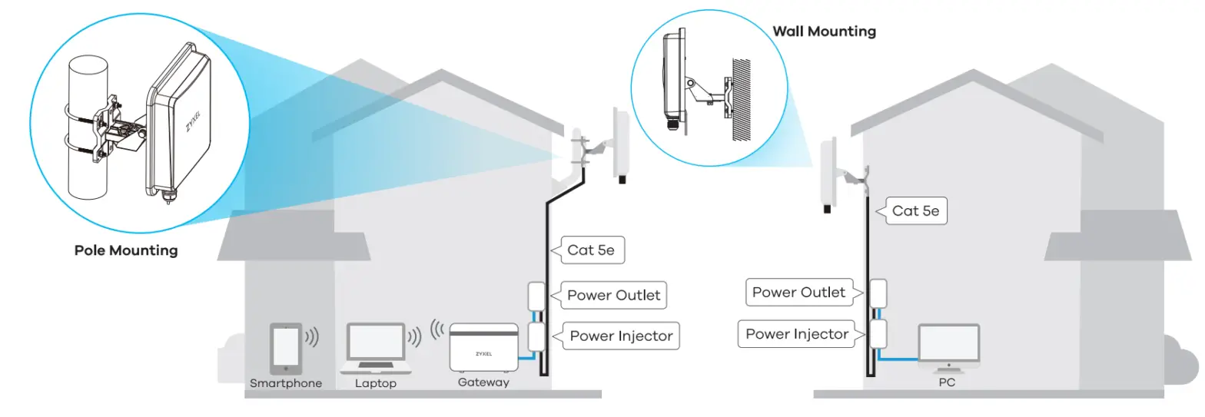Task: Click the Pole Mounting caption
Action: [126, 250]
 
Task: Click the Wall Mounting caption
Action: [824, 31]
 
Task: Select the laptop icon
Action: [376, 346]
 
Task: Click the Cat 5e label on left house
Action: [591, 250]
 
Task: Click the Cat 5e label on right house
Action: [915, 211]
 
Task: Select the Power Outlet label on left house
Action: [613, 296]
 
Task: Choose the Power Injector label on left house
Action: [621, 336]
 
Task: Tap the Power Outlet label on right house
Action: [798, 293]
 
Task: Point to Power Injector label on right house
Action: [797, 334]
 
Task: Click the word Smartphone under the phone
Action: [286, 383]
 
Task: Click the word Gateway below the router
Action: [483, 382]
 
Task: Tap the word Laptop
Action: [376, 383]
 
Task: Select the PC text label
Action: [947, 382]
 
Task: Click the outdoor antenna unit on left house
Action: [622, 144]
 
